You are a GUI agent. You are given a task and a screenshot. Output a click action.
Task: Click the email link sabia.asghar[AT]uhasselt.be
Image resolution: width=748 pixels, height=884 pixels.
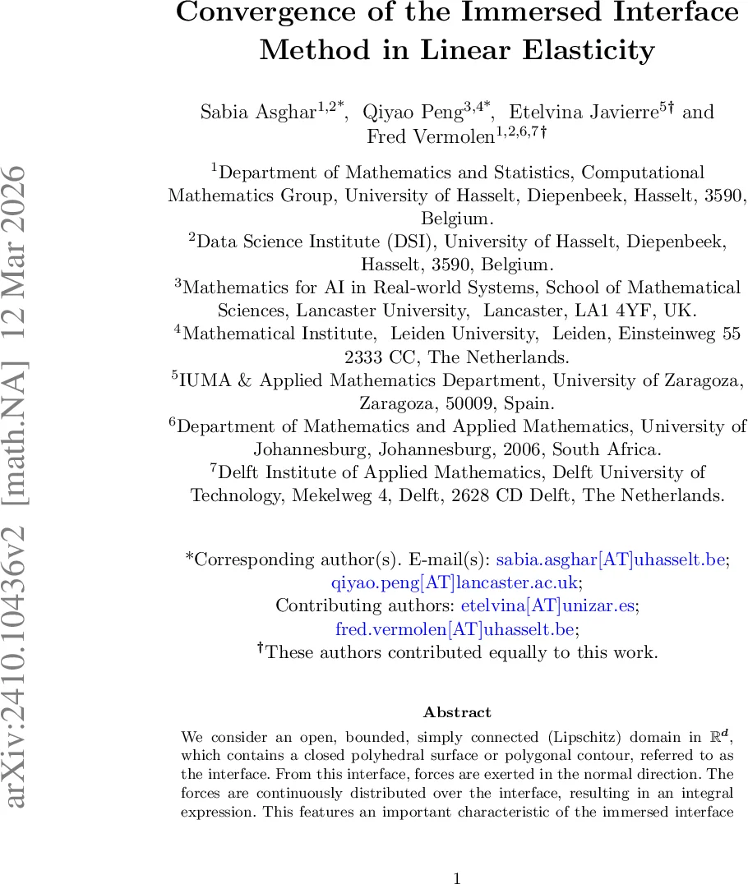pyautogui.click(x=612, y=559)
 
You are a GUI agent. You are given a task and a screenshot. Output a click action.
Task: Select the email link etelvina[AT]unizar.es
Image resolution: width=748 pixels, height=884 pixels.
pyautogui.click(x=548, y=605)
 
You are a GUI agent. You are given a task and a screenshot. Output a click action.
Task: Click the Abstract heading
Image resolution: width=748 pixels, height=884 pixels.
pyautogui.click(x=457, y=712)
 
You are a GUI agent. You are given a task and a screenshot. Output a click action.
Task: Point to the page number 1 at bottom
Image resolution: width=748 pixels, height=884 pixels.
pyautogui.click(x=457, y=878)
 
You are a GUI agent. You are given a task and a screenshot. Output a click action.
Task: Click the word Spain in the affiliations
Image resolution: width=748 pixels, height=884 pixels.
pyautogui.click(x=530, y=403)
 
